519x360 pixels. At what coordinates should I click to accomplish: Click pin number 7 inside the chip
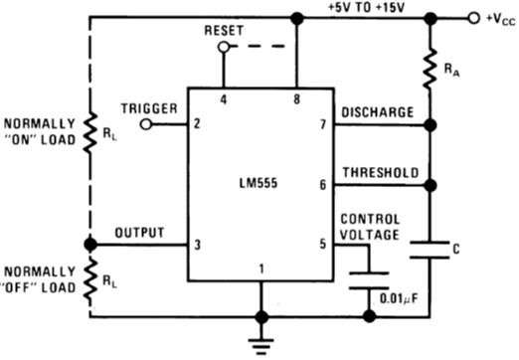click(x=321, y=125)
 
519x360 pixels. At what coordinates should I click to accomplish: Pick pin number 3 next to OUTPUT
click(x=198, y=245)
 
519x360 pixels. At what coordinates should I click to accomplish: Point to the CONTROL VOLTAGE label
click(x=372, y=227)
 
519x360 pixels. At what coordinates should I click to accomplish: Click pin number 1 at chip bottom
click(x=260, y=269)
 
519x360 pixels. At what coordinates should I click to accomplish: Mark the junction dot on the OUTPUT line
click(x=89, y=245)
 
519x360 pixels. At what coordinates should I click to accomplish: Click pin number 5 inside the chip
click(x=321, y=245)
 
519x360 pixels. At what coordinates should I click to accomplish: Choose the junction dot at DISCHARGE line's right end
click(x=431, y=125)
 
